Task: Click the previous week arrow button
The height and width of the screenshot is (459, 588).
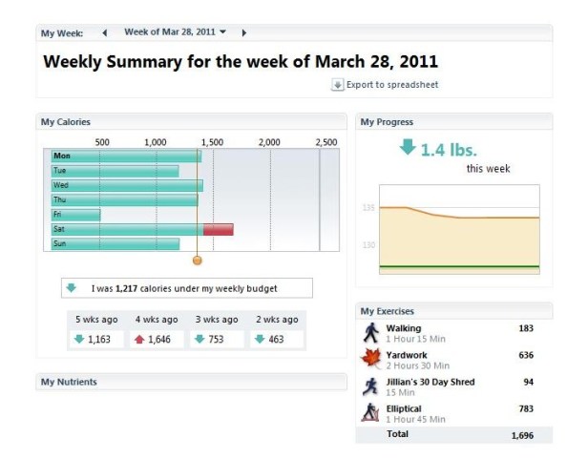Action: click(104, 32)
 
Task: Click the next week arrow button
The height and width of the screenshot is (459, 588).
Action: click(244, 32)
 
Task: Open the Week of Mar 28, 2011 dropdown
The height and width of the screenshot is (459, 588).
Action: click(176, 31)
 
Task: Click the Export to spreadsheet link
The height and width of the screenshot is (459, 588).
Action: click(385, 85)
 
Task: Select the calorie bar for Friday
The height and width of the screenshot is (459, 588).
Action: click(76, 215)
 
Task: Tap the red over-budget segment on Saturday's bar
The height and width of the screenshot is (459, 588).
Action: click(218, 229)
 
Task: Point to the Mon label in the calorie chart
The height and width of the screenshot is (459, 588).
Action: click(62, 156)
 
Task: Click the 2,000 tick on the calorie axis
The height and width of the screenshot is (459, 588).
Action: click(269, 142)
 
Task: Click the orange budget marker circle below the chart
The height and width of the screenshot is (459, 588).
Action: click(198, 260)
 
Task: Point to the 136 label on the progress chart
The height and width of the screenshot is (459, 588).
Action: click(368, 208)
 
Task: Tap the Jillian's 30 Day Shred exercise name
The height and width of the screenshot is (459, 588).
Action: click(430, 382)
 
